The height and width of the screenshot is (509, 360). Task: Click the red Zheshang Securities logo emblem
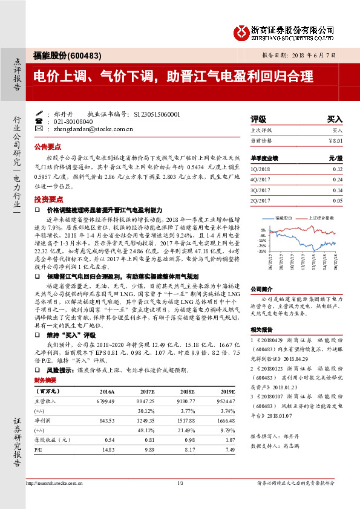click(242, 30)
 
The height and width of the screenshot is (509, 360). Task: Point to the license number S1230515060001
click(155, 114)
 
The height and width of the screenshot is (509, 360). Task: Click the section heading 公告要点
click(48, 147)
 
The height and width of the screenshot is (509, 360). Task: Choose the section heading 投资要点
click(48, 199)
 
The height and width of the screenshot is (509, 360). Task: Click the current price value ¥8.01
click(335, 140)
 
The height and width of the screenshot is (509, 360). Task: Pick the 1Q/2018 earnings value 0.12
click(337, 169)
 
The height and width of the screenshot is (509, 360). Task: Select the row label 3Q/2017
click(260, 190)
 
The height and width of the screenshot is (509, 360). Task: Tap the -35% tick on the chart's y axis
click(262, 250)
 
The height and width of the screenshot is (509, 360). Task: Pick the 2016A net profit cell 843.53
click(106, 420)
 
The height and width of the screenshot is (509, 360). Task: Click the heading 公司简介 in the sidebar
click(262, 289)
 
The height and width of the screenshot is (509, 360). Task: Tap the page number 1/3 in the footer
click(180, 484)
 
